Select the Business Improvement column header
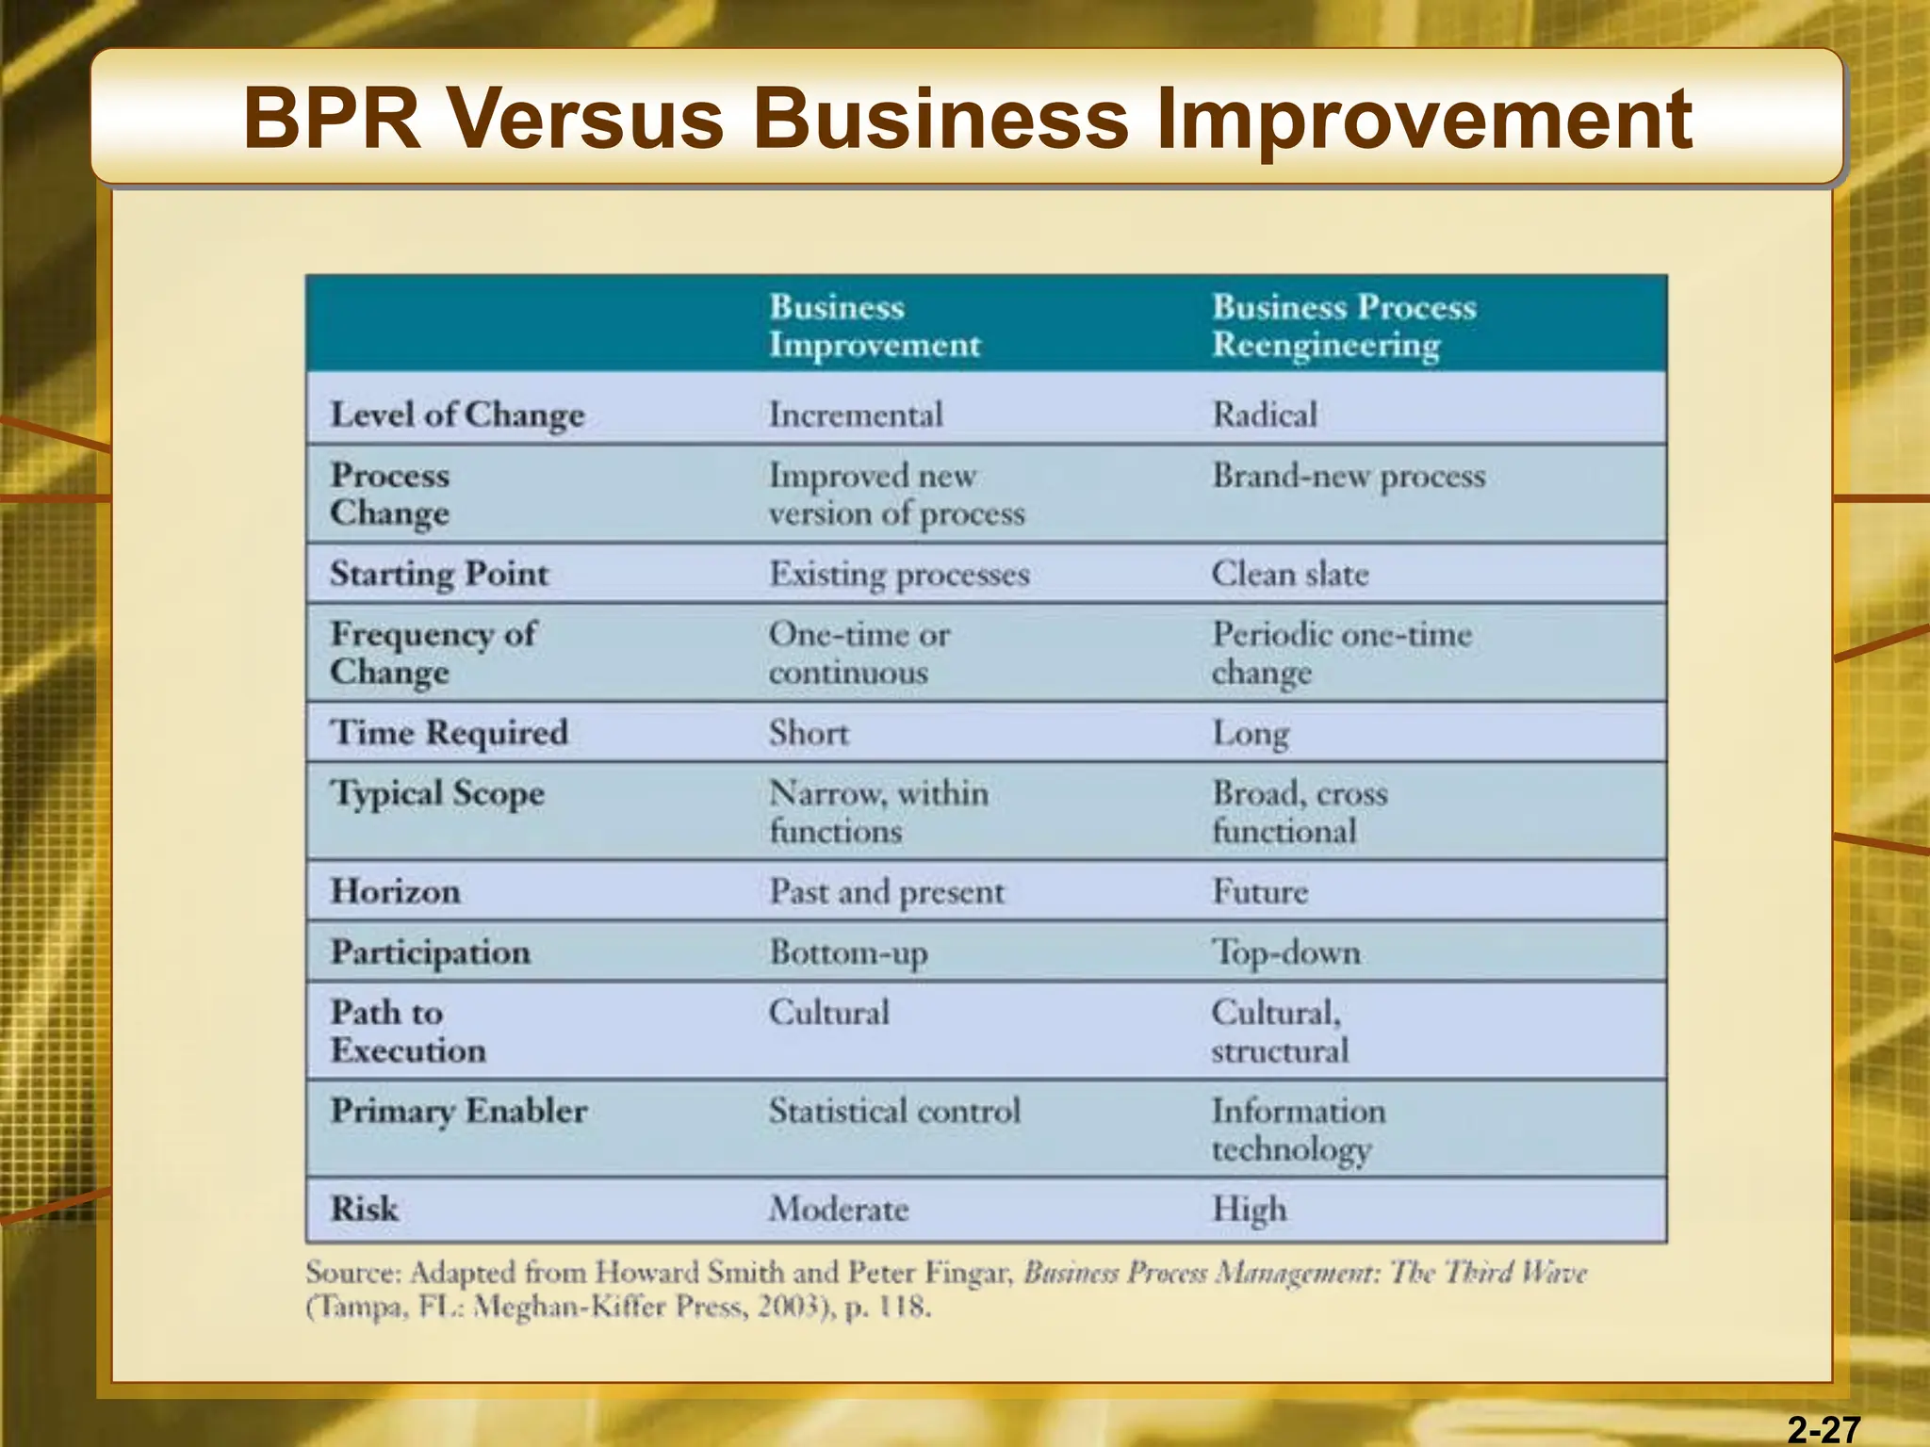coord(874,326)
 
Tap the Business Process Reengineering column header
coord(1343,326)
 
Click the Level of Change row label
coord(457,415)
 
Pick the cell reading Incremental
coord(855,415)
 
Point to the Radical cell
coord(1264,415)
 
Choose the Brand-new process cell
coord(1348,476)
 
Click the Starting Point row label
coord(438,574)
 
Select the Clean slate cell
coord(1289,574)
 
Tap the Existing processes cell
coord(898,574)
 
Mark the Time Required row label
coord(449,733)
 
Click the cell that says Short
coord(808,733)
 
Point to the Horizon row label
coord(395,891)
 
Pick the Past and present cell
coord(886,891)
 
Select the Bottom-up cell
coord(847,952)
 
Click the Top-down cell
coord(1285,952)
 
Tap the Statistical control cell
coord(893,1111)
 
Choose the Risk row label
coord(364,1209)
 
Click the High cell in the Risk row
coord(1249,1209)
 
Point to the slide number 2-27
coord(1824,1430)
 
